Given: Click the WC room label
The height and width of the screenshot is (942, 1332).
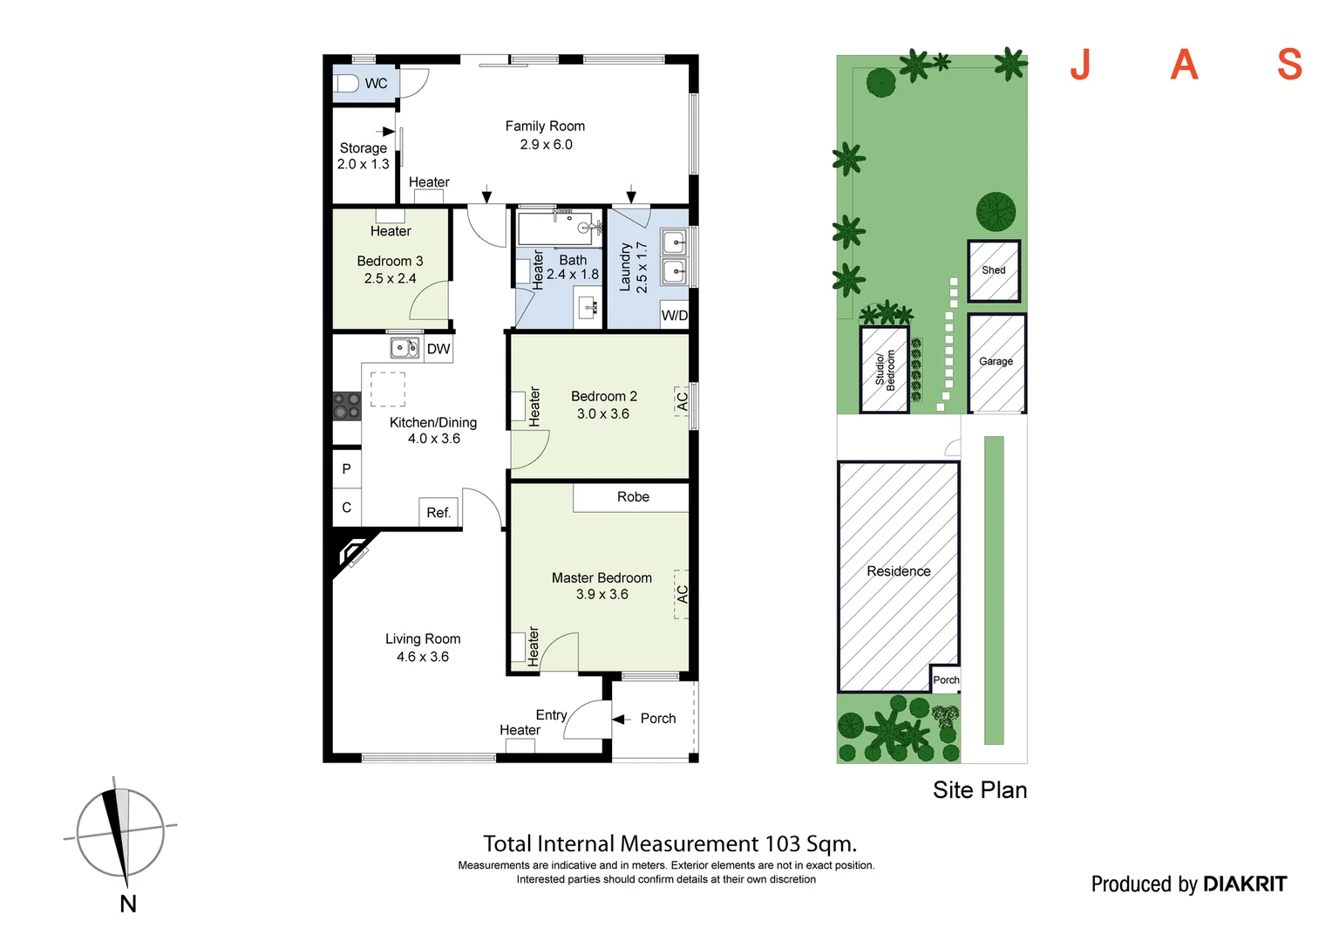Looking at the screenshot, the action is [376, 84].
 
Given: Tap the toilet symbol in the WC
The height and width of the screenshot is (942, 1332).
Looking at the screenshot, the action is [346, 84].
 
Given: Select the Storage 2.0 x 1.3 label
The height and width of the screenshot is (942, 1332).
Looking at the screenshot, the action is [364, 156].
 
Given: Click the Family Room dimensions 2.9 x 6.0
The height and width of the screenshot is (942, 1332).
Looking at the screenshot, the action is [546, 145].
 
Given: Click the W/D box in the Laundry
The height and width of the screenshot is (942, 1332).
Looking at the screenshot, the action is [674, 315].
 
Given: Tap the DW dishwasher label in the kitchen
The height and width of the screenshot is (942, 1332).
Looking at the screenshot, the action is [438, 349].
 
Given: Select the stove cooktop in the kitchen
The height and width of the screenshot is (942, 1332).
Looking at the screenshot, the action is [347, 406].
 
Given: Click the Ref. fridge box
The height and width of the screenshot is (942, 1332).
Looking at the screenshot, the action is [438, 512].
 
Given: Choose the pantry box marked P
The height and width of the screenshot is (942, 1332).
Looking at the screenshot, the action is [346, 469].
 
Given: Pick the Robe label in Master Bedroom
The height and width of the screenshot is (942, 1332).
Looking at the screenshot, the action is [633, 497].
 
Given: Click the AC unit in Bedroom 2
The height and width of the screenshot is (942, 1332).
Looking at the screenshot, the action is [683, 401].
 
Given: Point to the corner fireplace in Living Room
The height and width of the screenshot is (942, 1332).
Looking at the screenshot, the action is [353, 552].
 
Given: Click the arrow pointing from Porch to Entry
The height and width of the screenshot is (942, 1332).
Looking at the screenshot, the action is [621, 719].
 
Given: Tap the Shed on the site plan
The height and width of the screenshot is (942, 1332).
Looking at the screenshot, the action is [994, 270].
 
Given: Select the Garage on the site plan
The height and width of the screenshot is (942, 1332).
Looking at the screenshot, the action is [996, 362].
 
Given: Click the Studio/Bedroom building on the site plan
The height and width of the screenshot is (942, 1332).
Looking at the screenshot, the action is [885, 369].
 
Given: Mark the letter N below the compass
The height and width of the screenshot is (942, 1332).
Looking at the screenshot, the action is [128, 904].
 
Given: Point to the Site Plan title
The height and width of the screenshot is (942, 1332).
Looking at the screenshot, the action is [980, 790].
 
